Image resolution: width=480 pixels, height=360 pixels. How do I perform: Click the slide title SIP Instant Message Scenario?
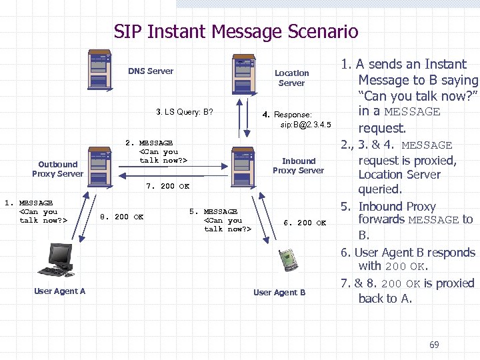(x=236, y=31)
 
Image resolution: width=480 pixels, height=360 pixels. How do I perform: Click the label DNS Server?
(x=151, y=71)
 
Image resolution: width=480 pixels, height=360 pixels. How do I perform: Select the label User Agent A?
(x=59, y=291)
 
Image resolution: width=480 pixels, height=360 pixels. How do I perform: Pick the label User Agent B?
(x=279, y=293)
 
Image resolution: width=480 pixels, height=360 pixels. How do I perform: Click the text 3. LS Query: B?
(x=185, y=112)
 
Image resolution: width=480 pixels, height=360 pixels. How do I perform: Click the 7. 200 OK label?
(x=167, y=187)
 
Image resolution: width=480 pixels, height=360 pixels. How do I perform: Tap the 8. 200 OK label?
(x=121, y=217)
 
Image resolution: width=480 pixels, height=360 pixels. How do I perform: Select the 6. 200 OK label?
(x=305, y=223)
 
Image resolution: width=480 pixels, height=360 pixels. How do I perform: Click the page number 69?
(x=434, y=345)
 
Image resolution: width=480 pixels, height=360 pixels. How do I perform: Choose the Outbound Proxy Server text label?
(x=57, y=169)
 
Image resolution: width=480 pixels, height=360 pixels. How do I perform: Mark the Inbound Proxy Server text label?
(x=298, y=165)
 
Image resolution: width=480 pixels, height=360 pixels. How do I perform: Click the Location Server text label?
(x=291, y=78)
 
